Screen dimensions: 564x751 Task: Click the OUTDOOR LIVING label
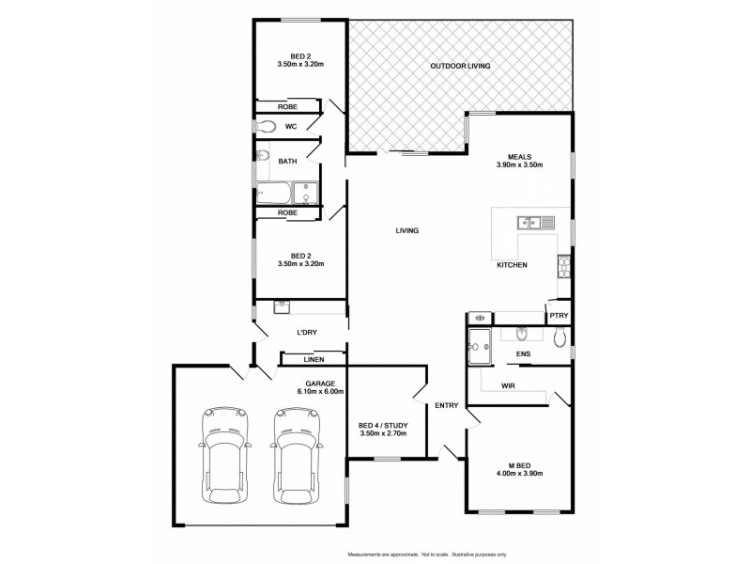pyautogui.click(x=460, y=66)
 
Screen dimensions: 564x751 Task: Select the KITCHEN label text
pyautogui.click(x=512, y=265)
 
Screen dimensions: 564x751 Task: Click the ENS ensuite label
pyautogui.click(x=524, y=354)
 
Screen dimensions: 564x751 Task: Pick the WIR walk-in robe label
pyautogui.click(x=510, y=384)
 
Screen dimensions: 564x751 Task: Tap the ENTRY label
pyautogui.click(x=446, y=406)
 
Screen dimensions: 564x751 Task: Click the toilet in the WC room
pyautogui.click(x=266, y=126)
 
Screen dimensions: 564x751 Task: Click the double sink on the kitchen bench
pyautogui.click(x=526, y=223)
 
